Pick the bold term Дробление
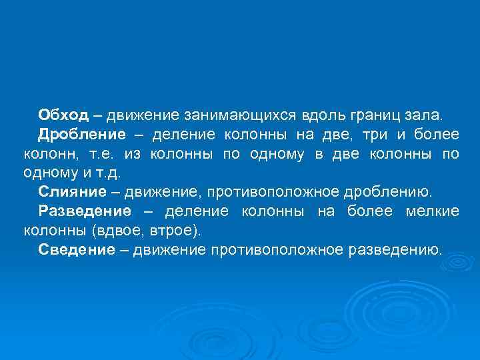81,135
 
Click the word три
377,135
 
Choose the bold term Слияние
72,192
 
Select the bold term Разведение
85,211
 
